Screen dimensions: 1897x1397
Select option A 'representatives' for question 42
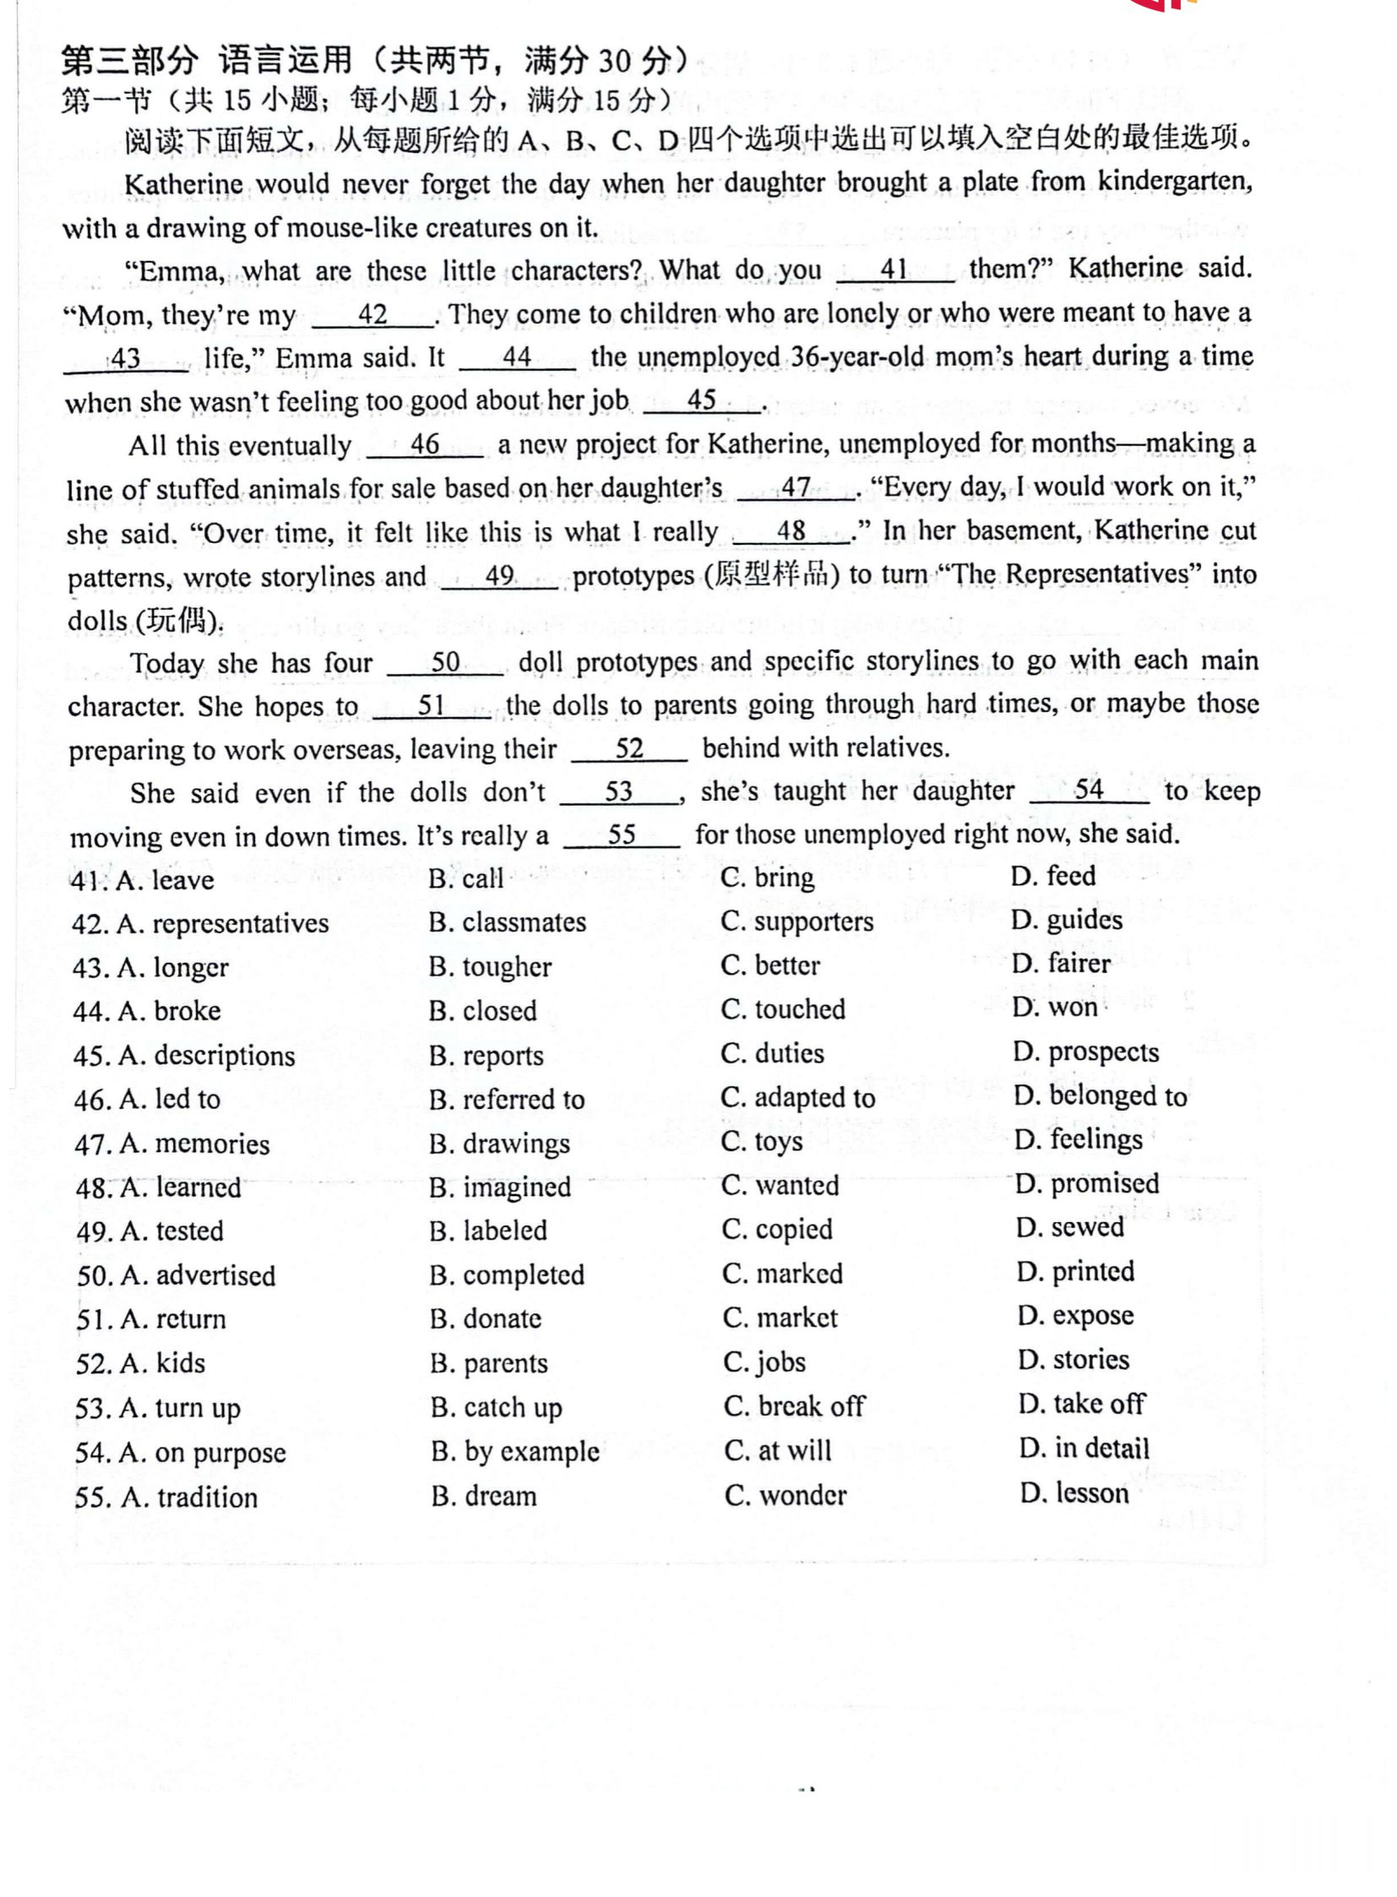pyautogui.click(x=223, y=923)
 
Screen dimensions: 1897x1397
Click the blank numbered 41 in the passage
pyautogui.click(x=894, y=270)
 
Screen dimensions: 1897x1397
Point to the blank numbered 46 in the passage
pyautogui.click(x=425, y=446)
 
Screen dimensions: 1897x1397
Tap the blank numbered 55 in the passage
pyautogui.click(x=622, y=835)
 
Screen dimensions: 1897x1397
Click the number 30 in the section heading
pyautogui.click(x=615, y=62)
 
